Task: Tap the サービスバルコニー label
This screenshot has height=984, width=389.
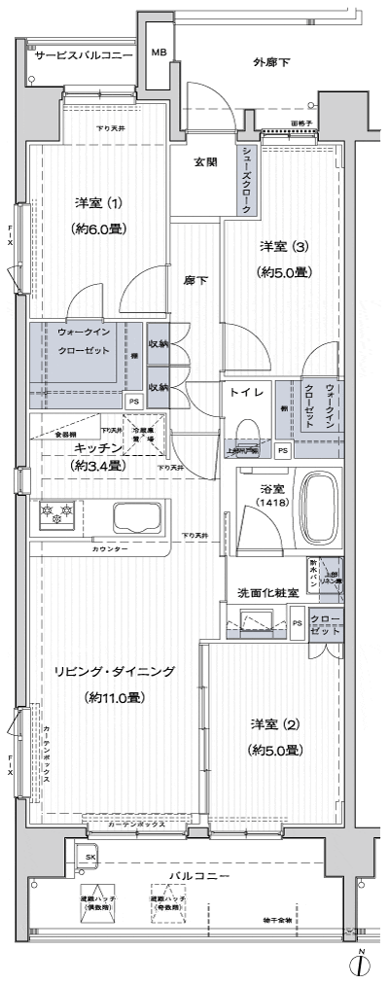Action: [84, 57]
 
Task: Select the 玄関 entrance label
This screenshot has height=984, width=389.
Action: [204, 162]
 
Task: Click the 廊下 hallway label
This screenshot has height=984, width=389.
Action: [195, 280]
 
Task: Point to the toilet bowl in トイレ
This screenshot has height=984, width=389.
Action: [248, 429]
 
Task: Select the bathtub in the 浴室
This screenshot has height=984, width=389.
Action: [320, 511]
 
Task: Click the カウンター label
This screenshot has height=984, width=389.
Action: [110, 549]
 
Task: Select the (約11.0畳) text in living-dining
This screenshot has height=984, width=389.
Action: [115, 697]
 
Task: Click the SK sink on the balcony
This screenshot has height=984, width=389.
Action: [89, 856]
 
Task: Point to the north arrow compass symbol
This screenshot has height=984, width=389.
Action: [361, 965]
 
